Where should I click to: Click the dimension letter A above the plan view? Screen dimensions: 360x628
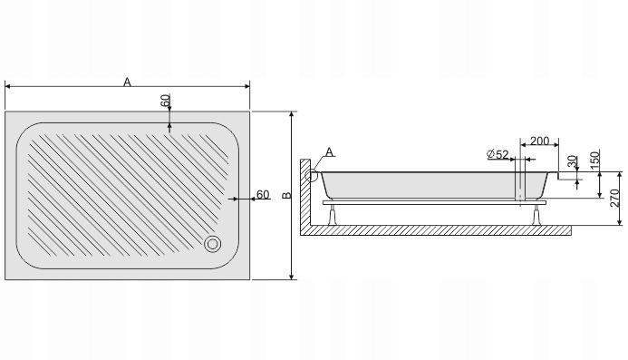(x=128, y=82)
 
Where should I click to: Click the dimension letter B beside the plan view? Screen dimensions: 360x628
(x=285, y=195)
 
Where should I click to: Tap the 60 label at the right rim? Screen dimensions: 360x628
(x=263, y=194)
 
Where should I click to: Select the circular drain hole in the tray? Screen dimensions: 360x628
(x=214, y=243)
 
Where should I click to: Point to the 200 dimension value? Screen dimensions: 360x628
(x=539, y=141)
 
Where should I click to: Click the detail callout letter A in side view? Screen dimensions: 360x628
(x=329, y=151)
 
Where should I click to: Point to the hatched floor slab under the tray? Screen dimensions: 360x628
(x=435, y=231)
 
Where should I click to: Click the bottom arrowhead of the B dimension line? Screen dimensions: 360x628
(x=292, y=276)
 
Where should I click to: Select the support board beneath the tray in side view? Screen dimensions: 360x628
(x=435, y=204)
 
